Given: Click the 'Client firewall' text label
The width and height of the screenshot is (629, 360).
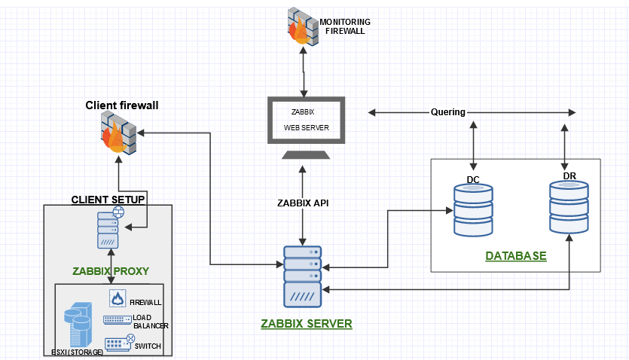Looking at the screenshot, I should (121, 105).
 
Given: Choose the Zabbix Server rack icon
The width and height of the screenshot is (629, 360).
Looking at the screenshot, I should (302, 276).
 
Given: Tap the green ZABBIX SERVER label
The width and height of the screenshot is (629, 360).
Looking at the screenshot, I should (306, 324).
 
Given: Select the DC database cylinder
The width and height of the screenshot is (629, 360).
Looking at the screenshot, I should (473, 210).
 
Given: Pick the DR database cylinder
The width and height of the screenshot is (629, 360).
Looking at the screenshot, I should (569, 207).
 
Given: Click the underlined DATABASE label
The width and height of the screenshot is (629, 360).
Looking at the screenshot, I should (516, 256).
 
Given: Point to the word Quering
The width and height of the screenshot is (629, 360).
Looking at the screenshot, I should (447, 113).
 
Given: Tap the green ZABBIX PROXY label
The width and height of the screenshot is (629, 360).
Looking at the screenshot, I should (111, 271).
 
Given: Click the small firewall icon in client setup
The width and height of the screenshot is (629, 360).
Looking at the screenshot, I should (118, 299).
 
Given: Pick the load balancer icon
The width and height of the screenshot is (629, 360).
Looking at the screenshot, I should (117, 321).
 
